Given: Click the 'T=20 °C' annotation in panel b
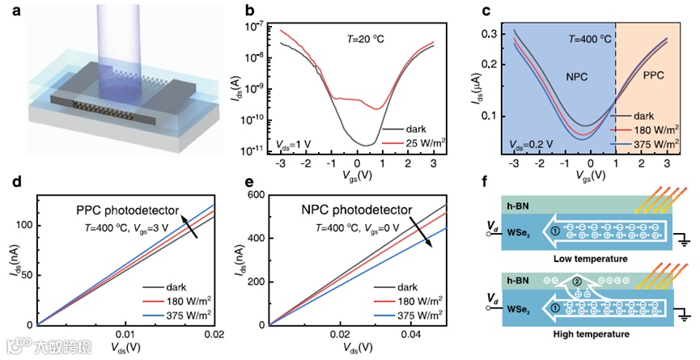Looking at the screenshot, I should point(362,36).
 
